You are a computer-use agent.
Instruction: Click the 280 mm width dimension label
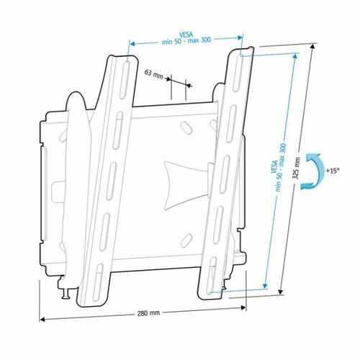[148, 313]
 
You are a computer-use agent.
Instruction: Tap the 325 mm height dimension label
[297, 168]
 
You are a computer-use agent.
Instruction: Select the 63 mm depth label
[153, 73]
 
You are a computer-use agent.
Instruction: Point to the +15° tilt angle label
[333, 171]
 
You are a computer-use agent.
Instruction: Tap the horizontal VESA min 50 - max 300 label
[186, 38]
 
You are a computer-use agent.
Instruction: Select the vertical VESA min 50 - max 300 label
[279, 167]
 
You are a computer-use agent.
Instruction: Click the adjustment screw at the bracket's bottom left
[66, 290]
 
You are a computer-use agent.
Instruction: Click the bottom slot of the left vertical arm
[97, 282]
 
